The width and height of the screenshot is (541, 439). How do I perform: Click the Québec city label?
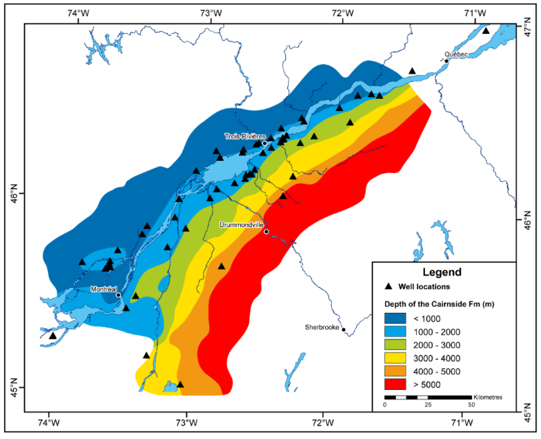coord(456,54)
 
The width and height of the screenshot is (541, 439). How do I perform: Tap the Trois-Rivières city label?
coord(243,136)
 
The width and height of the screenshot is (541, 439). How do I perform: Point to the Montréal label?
coord(103,289)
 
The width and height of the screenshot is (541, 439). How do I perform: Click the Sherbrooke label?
coord(322,327)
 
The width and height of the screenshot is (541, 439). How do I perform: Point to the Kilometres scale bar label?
coord(488,397)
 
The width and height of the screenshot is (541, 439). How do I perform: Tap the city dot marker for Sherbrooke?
coord(344,330)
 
